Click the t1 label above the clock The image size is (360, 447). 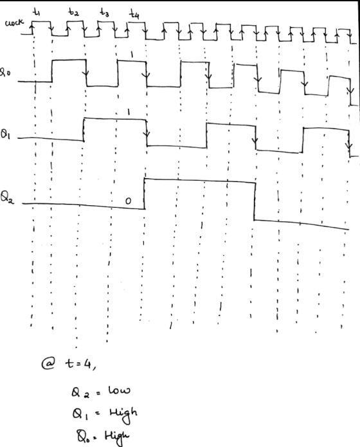[x=37, y=12]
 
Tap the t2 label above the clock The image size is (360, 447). [x=73, y=12]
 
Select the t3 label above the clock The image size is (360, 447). [x=104, y=13]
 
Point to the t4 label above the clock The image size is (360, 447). [x=134, y=14]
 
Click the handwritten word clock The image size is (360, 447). [x=14, y=23]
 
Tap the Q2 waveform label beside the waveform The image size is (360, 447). [x=7, y=197]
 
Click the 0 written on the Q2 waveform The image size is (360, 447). [x=129, y=201]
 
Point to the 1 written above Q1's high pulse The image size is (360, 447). [x=129, y=112]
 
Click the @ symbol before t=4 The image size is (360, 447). [x=48, y=363]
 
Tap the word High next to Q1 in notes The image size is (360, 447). [x=123, y=414]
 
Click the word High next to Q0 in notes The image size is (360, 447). [x=117, y=437]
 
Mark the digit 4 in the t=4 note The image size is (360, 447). [x=87, y=363]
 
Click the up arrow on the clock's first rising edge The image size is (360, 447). [x=32, y=28]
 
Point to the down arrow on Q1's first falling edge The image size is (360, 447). [x=147, y=132]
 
